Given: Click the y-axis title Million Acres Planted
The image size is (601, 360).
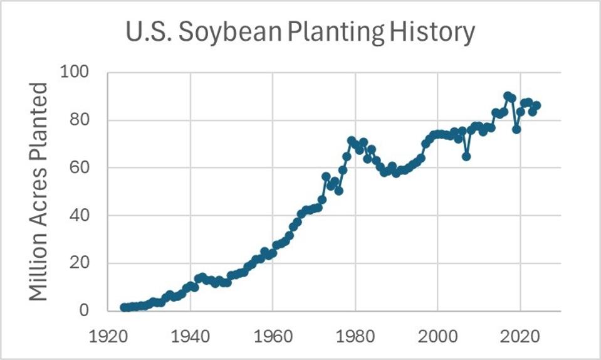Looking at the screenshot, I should tap(39, 191).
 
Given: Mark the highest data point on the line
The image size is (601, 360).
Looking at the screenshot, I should tap(508, 96).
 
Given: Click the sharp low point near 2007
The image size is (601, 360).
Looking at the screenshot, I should tap(466, 156).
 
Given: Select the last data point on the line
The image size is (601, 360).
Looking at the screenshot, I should tap(536, 105).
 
